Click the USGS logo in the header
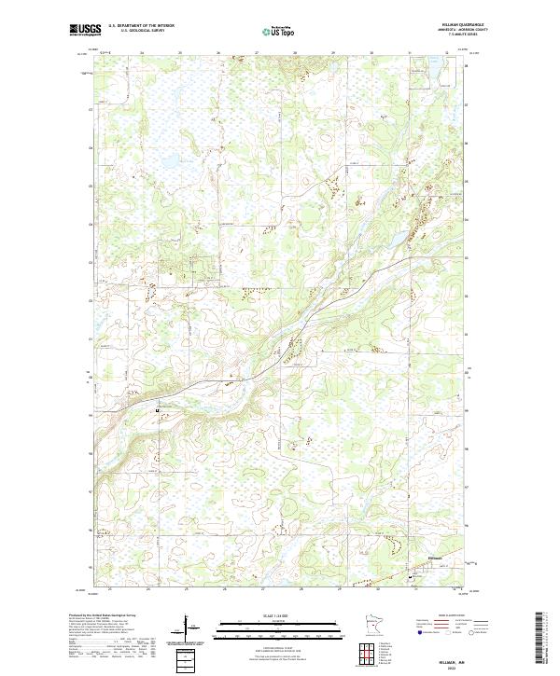tap(83, 31)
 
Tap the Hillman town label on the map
tap(432, 558)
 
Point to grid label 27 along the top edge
tap(256, 54)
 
